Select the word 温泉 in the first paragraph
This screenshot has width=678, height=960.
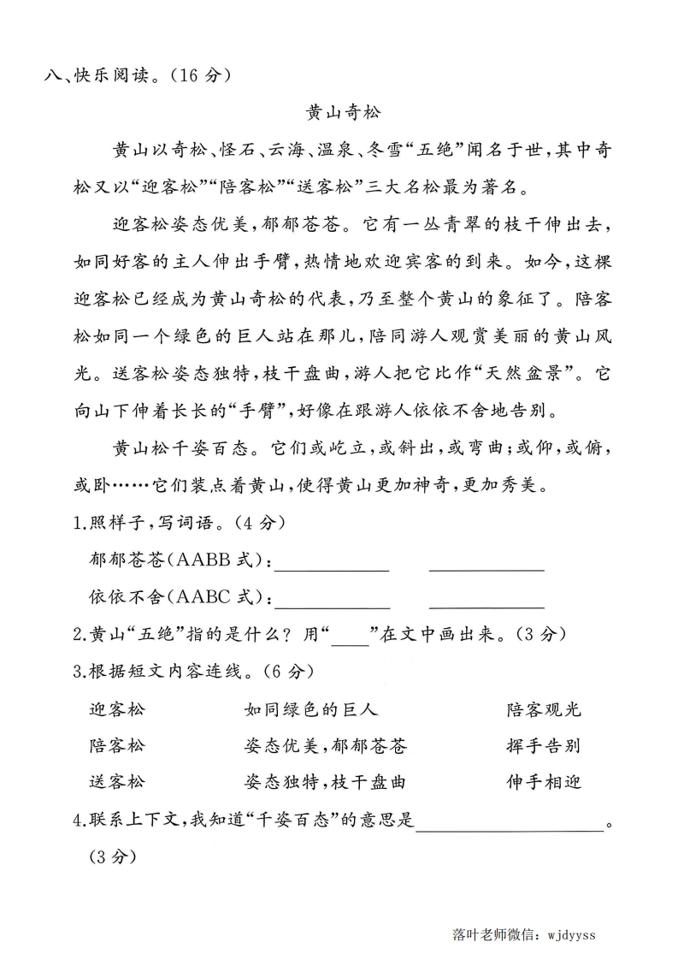pyautogui.click(x=330, y=151)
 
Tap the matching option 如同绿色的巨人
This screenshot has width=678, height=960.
pyautogui.click(x=311, y=709)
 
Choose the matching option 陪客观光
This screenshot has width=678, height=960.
pyautogui.click(x=543, y=709)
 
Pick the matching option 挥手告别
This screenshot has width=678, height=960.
pyautogui.click(x=543, y=745)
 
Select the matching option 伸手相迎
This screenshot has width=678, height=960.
pyautogui.click(x=543, y=782)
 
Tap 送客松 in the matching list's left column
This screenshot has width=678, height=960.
pyautogui.click(x=117, y=782)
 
